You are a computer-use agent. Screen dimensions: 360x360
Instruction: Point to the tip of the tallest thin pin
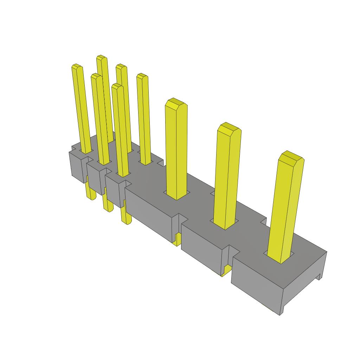[102, 58]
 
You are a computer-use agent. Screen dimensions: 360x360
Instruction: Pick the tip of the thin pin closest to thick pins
[142, 76]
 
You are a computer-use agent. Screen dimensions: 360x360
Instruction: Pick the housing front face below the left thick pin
[148, 214]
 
